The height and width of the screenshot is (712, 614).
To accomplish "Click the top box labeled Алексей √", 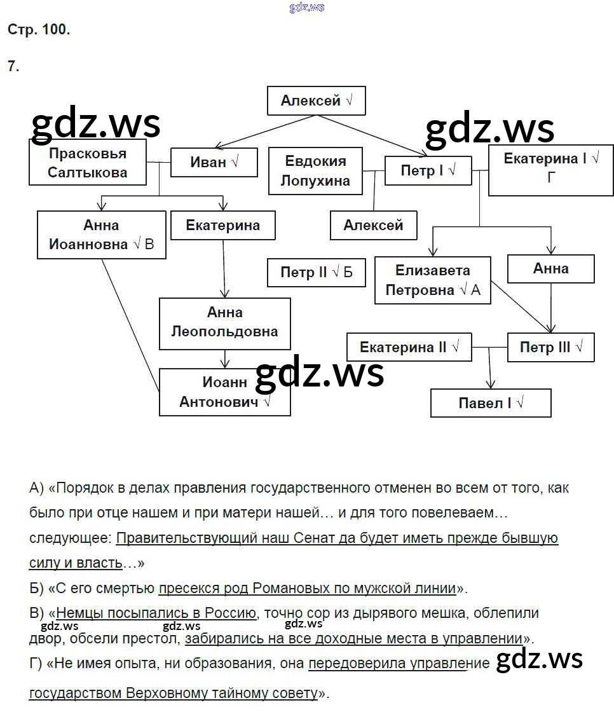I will pos(316,101).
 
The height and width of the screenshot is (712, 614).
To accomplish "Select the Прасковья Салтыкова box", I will pos(88,163).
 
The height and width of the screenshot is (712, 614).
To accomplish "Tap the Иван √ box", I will pos(214,162).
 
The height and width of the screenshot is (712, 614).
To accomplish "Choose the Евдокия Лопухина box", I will pos(315,171).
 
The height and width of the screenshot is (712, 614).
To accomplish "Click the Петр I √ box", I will pos(428,170).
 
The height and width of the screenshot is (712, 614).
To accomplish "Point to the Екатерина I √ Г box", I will pos(550,168).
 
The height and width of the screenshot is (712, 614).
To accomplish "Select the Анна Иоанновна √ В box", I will pos(102,235).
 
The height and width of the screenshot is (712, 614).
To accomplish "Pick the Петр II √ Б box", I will pos(316,273).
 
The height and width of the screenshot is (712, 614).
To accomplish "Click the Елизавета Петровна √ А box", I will pos(432,280).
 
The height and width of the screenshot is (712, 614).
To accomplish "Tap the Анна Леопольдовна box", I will pos(224,322).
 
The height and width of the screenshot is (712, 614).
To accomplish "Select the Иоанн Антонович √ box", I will pos(224,392).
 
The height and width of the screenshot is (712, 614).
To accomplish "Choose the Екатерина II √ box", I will pos(409,347).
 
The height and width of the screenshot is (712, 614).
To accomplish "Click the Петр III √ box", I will pos(550,347).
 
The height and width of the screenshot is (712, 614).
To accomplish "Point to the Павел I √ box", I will pos(490,403).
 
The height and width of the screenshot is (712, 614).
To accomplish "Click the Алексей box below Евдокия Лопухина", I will pos(373,225).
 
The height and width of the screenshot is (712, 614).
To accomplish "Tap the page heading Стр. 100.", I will pos(39,29).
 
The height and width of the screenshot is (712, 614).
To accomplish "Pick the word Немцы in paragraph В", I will pos(76,613).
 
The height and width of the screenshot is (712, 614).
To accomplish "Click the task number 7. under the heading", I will pos(13,65).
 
